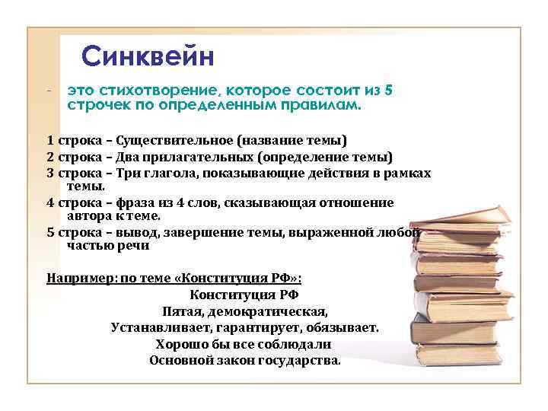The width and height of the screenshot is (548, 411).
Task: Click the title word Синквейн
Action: coord(148,56)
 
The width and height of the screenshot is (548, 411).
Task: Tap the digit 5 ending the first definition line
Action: coord(389,91)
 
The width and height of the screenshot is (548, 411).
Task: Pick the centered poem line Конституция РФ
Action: coord(244,295)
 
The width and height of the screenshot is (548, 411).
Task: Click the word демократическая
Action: coord(277,311)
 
